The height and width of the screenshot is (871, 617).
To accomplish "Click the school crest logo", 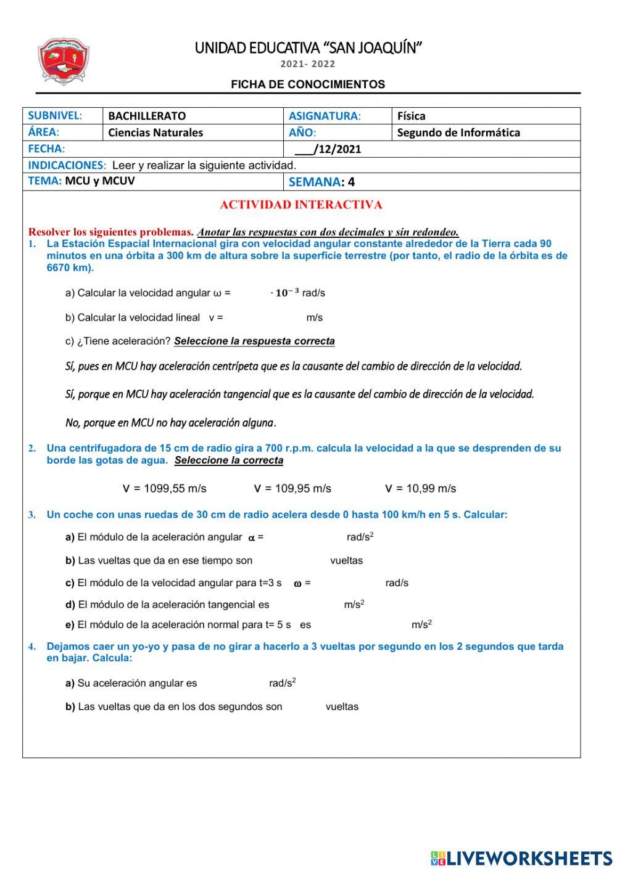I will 64,62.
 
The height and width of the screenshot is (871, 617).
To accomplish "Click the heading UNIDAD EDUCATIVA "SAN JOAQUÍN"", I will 308,48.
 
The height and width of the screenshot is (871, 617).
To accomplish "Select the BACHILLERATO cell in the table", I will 147,116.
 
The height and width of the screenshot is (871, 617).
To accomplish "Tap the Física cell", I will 412,116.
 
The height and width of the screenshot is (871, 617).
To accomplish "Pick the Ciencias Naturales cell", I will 155,133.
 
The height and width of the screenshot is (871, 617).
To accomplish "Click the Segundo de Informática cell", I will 458,133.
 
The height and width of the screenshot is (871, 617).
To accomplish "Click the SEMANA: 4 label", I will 321,182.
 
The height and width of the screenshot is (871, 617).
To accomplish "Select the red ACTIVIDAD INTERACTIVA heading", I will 301,205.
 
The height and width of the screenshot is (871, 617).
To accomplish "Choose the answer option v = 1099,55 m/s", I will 165,489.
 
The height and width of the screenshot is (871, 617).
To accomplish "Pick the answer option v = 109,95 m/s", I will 292,489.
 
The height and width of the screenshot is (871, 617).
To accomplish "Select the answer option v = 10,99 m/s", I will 420,489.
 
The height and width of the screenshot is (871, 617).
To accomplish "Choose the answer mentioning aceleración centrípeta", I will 294,367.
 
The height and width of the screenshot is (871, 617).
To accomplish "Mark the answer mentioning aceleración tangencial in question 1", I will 299,395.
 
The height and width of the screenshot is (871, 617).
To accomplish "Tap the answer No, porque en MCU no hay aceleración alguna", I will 170,423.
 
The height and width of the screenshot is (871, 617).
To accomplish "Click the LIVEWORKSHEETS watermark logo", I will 521,858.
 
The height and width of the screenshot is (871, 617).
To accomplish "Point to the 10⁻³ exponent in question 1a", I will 287,293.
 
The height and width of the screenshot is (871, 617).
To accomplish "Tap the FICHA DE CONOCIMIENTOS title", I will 308,84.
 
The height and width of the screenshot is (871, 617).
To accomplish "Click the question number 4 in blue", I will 31,647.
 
